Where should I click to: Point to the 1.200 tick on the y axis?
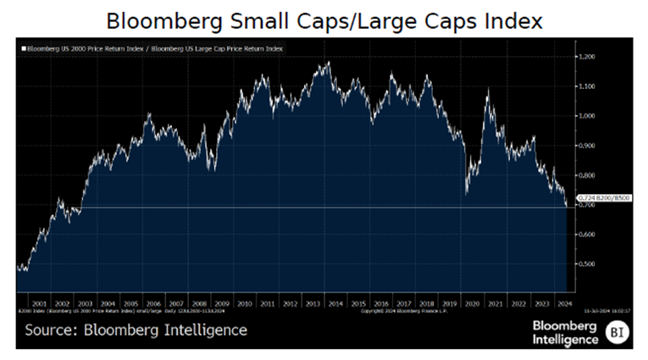pyautogui.click(x=586, y=57)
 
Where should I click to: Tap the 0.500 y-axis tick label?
pyautogui.click(x=586, y=263)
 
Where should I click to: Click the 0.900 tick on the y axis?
pyautogui.click(x=586, y=146)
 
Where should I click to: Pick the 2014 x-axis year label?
pyautogui.click(x=335, y=302)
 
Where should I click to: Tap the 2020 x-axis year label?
pyautogui.click(x=473, y=302)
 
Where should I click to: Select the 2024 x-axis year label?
pyautogui.click(x=563, y=302)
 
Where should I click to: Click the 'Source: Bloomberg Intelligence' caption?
pyautogui.click(x=136, y=330)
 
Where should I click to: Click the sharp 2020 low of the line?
pyautogui.click(x=467, y=195)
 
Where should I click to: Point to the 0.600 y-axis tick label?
pyautogui.click(x=586, y=235)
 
